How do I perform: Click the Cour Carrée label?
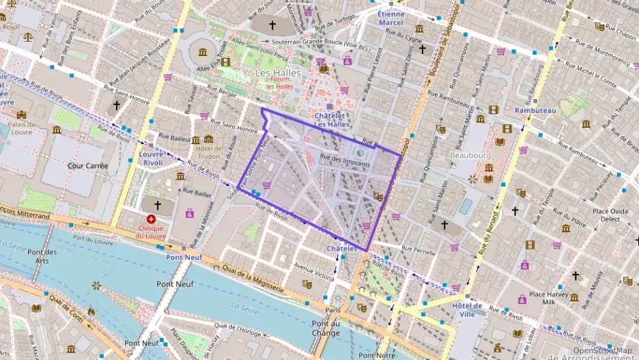coord(88,165)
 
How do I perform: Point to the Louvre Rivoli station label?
coord(151,158)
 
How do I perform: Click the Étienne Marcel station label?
coord(391,18)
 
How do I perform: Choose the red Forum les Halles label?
coord(280,83)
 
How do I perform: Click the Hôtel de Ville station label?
coord(467,309)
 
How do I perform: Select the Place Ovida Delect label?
coord(610,215)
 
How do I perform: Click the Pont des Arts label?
coord(42,256)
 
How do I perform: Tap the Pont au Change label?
coord(325,329)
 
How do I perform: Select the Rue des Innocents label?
coord(344,163)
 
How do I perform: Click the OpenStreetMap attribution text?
coord(603,350)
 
